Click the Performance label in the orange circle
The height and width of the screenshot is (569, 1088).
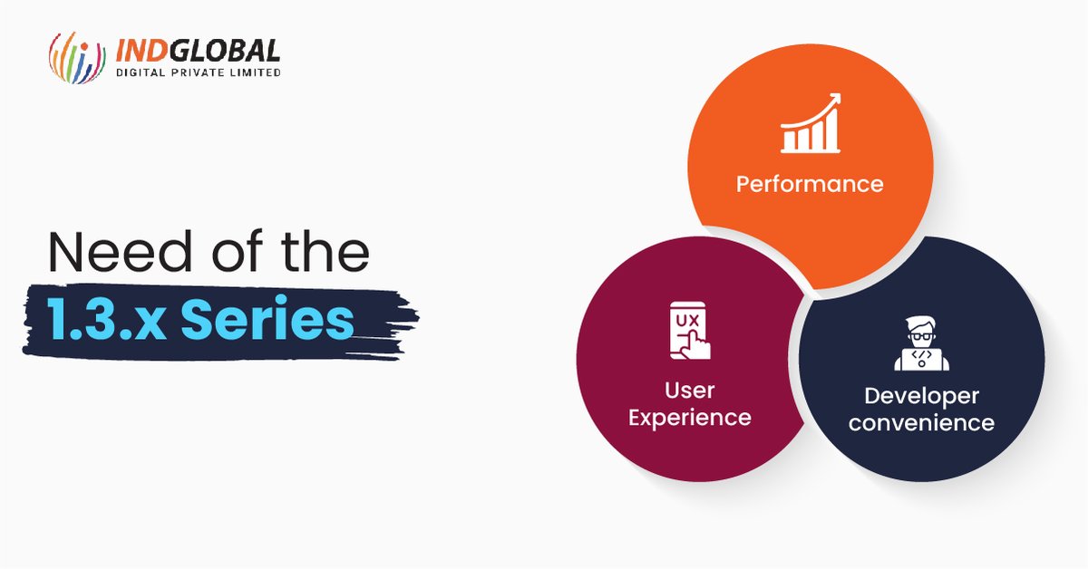809,184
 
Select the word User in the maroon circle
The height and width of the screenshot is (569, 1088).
690,391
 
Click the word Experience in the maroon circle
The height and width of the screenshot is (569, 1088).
690,418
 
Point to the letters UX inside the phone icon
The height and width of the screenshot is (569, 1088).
683,319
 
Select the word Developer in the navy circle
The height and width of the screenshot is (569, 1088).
921,396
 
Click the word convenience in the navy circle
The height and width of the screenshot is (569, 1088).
921,423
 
